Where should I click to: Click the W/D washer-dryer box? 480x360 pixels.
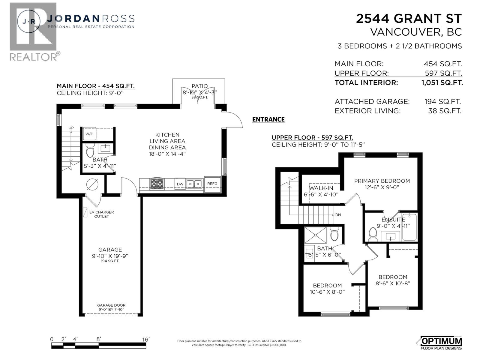(x=89, y=134)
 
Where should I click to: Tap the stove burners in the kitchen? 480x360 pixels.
(x=157, y=184)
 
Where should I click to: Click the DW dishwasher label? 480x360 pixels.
(x=180, y=184)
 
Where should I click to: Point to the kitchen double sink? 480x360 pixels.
(x=194, y=183)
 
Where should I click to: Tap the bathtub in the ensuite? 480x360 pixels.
(x=409, y=227)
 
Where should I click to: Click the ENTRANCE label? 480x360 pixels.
(x=268, y=119)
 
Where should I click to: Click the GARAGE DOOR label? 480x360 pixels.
(x=111, y=305)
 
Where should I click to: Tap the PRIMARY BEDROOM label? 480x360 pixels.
(x=382, y=181)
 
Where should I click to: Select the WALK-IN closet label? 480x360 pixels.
(x=321, y=188)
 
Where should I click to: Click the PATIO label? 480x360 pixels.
(x=199, y=86)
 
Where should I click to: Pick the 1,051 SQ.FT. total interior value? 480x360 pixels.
(x=442, y=82)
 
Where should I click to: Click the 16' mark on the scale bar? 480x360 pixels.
(x=145, y=339)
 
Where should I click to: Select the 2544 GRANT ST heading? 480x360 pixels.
(x=408, y=19)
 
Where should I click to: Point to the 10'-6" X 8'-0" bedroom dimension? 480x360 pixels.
(x=327, y=292)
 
